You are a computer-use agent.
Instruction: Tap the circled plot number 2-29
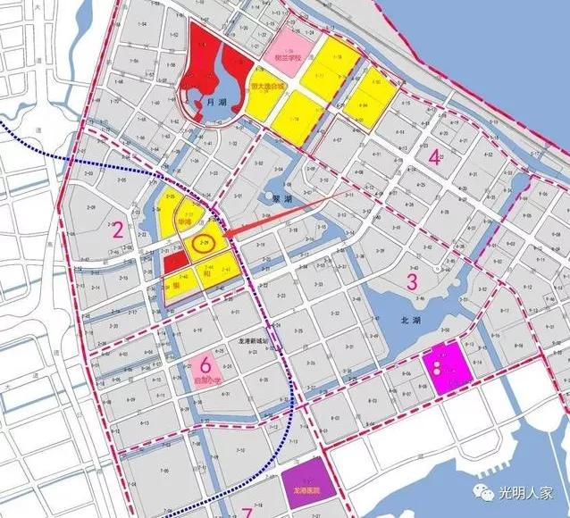pos(205,242)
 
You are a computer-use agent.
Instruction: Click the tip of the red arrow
pos(222,237)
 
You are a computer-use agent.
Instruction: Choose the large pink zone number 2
pos(118,230)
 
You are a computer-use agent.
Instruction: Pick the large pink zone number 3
pos(412,282)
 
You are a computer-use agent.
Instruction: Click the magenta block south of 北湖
pos(447,366)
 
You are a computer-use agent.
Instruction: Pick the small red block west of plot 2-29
pos(175,261)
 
